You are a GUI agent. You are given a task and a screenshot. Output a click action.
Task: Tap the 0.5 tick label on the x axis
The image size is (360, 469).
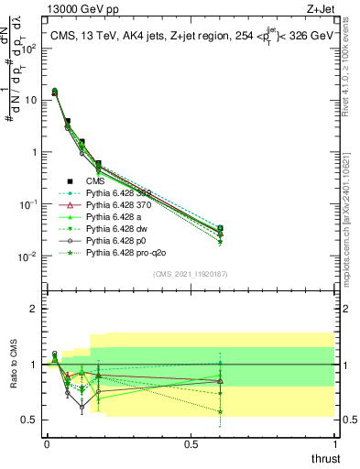(x=191, y=444)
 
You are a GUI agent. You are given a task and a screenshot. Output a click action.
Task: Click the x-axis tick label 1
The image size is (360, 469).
(x=335, y=444)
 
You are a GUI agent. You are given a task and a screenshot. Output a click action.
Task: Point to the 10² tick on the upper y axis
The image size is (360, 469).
(x=31, y=48)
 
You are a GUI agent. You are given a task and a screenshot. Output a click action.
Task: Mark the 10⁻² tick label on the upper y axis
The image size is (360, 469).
(x=31, y=256)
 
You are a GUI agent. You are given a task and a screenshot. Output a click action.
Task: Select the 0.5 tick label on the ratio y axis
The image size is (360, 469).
(x=33, y=420)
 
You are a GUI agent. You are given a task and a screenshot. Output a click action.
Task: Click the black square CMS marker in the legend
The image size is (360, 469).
(x=71, y=181)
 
